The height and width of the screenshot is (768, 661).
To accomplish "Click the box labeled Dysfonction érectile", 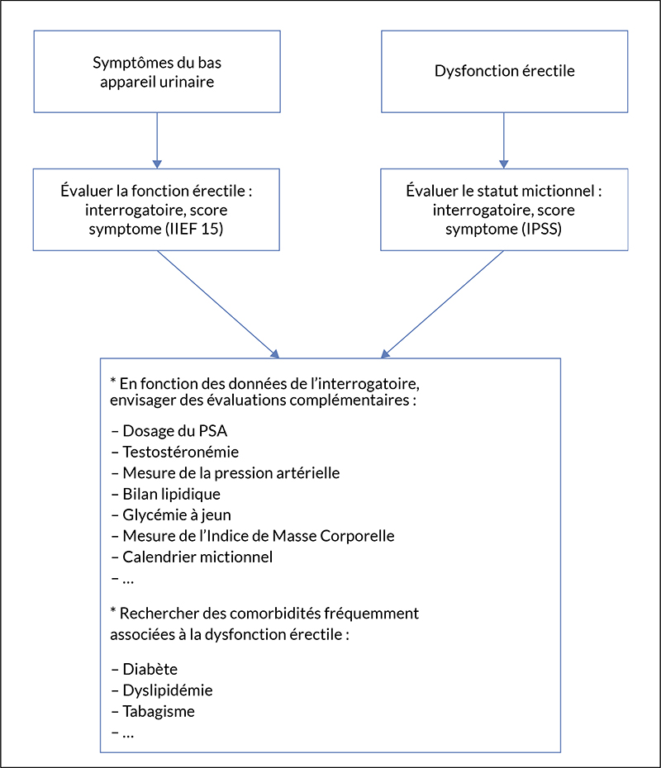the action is (504, 72).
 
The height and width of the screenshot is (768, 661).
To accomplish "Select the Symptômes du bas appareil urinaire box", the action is (157, 72).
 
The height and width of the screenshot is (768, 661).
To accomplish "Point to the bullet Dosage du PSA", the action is (169, 431).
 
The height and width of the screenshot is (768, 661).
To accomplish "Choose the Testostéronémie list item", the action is (175, 452).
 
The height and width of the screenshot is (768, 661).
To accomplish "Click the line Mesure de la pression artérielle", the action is (226, 472).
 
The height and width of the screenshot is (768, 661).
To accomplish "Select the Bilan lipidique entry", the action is (165, 494).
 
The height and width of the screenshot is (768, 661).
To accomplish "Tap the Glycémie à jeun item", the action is (171, 514).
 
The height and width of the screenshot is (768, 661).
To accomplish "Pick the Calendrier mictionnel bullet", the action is (192, 557).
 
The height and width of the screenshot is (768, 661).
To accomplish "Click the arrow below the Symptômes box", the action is (157, 140).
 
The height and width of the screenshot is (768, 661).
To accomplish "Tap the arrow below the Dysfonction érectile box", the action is (504, 140).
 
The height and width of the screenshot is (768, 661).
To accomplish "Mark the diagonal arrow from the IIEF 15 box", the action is (218, 304).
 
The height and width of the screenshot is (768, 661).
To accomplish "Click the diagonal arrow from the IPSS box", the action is (442, 304).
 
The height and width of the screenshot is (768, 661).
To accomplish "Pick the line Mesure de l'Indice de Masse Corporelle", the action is (253, 536).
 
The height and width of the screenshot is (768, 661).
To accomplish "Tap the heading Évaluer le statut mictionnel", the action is (504, 191).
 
